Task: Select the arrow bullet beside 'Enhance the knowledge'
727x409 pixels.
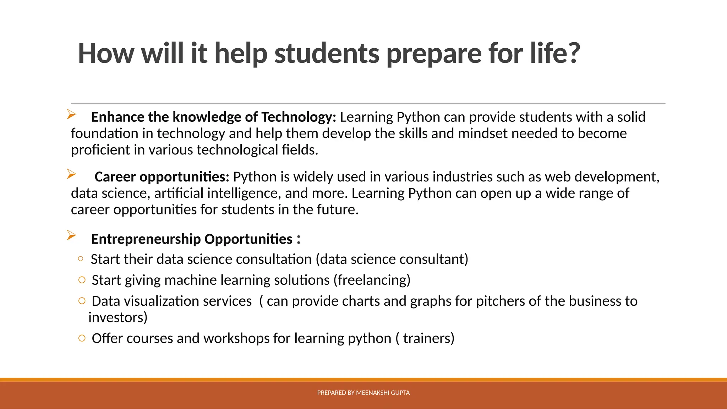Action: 71,114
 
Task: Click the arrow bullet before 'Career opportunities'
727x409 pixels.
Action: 71,174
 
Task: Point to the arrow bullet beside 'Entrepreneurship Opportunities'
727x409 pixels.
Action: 71,235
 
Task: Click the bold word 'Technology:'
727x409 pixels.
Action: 299,117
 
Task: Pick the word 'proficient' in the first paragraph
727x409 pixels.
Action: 100,150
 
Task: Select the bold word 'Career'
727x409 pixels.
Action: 115,177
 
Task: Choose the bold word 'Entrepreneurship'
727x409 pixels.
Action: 146,239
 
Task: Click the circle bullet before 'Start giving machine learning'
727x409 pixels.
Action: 82,280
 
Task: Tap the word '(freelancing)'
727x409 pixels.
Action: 372,280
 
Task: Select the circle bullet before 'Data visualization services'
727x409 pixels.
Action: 82,301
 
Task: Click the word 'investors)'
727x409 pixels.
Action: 118,317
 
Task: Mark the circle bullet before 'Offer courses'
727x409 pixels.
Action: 82,338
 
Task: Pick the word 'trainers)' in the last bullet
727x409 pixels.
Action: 428,338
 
